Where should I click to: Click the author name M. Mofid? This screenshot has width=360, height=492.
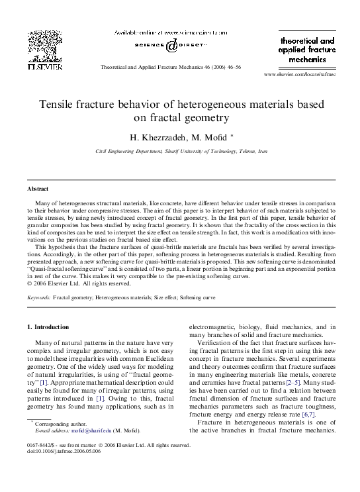coord(207,138)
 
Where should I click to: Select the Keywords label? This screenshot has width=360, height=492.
coord(38,299)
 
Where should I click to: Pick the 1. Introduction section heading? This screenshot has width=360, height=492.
coord(48,327)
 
